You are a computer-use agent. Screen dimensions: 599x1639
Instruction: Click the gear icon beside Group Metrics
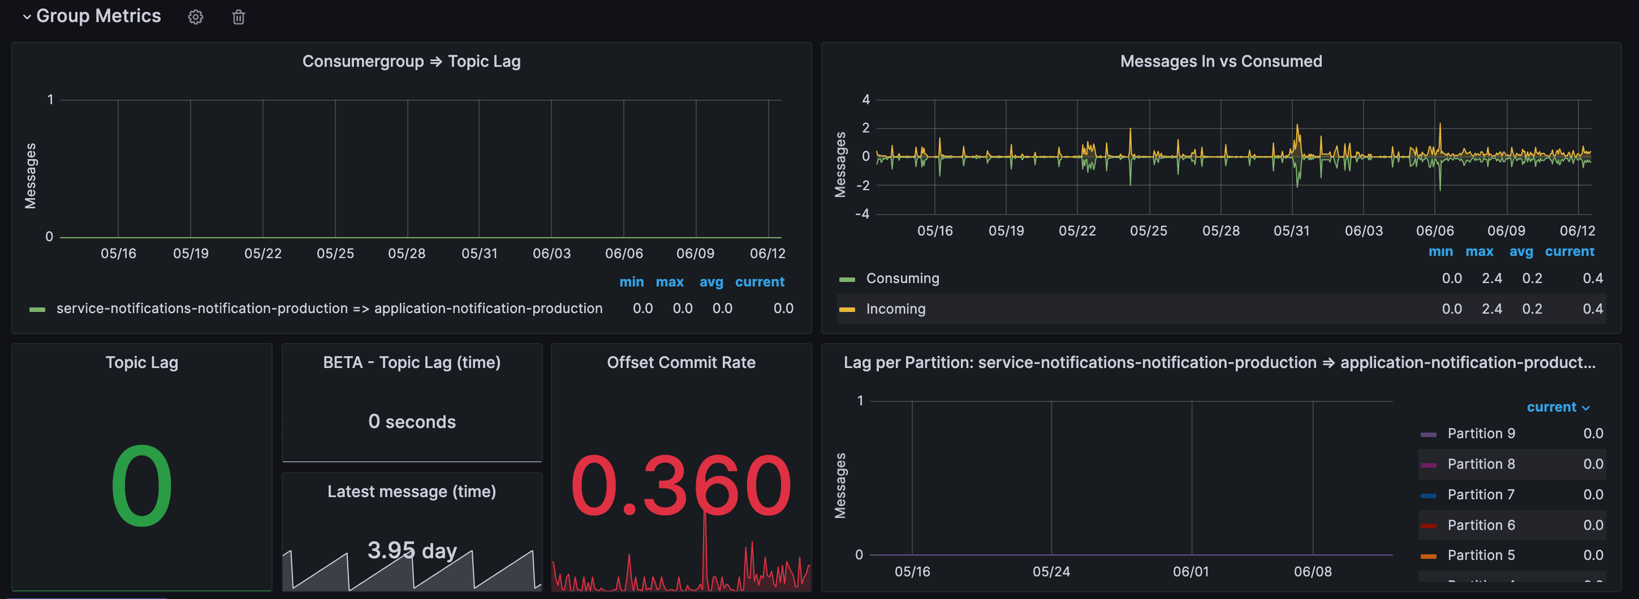195,17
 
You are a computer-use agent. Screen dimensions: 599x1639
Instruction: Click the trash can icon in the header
238,17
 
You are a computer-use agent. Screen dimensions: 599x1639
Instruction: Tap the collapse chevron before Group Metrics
27,17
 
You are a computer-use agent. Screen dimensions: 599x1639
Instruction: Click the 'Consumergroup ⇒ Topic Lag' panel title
411,61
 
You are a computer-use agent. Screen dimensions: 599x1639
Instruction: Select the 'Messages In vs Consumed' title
1221,61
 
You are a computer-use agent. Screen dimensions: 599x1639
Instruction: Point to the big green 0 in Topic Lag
141,486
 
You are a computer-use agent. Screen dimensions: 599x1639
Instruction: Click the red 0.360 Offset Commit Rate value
680,486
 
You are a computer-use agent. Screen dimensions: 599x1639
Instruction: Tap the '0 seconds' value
411,422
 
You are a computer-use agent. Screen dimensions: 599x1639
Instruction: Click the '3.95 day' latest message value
411,549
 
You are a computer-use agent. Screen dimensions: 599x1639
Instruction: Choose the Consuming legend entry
902,278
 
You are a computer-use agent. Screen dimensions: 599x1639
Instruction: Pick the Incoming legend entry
895,309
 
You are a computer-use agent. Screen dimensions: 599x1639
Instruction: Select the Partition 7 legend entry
1480,494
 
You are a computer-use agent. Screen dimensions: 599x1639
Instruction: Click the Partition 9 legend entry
1480,433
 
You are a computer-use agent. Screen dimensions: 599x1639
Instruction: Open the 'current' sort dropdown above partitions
1557,407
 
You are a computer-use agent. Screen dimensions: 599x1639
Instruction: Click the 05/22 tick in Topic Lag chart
263,253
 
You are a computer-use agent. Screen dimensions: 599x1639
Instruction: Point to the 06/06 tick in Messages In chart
1435,230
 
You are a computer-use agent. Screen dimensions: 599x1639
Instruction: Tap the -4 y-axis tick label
862,214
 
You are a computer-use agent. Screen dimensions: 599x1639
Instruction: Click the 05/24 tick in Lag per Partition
1051,571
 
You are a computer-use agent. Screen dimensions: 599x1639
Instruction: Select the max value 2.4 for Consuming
1492,278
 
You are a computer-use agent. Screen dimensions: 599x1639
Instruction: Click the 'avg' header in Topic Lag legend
711,281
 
